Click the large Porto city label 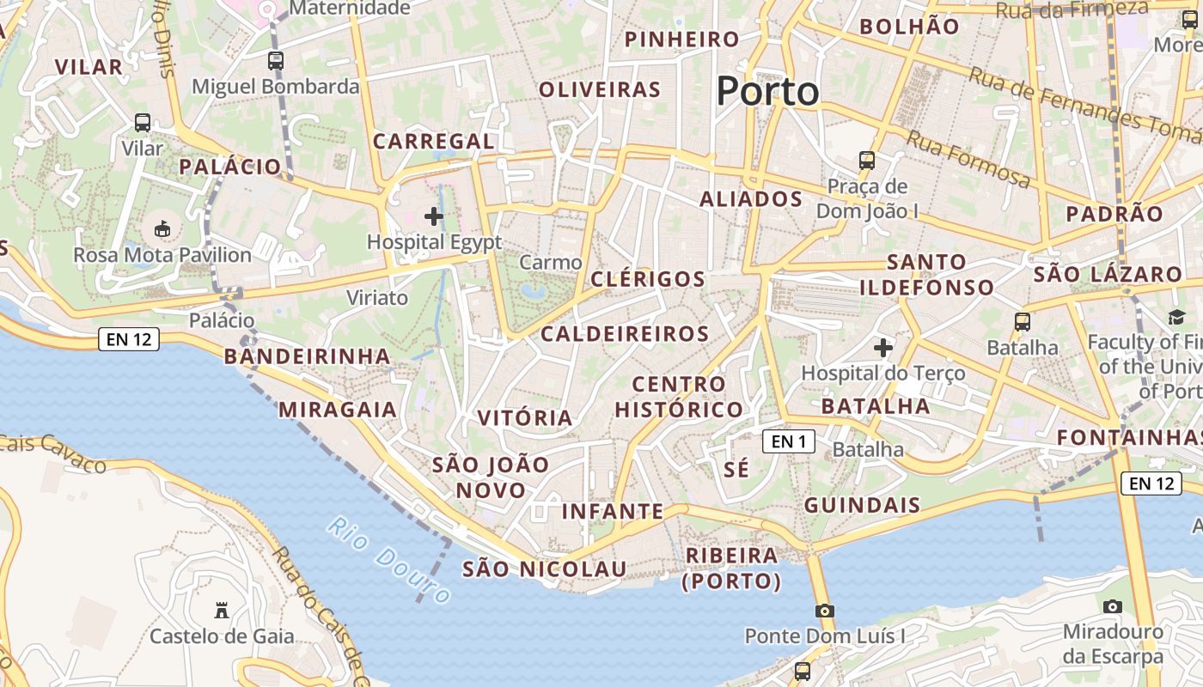tap(767, 91)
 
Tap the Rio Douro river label tap(389, 560)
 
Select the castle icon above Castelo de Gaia tap(222, 611)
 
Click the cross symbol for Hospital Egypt tap(434, 216)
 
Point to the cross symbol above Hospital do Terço tap(882, 348)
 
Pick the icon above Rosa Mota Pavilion tap(162, 228)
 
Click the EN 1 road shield tap(788, 441)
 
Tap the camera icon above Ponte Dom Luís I tap(825, 611)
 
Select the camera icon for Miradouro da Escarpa tap(1113, 606)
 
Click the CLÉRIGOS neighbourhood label tap(648, 279)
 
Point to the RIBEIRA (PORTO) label tap(731, 568)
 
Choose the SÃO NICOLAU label tap(545, 569)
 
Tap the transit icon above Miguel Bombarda tap(275, 61)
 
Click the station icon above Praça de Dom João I tap(867, 161)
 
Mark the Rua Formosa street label tap(968, 159)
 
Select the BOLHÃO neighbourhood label tap(909, 27)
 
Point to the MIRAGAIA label tap(338, 410)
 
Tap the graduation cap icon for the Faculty tap(1176, 318)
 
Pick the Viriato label tap(377, 298)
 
